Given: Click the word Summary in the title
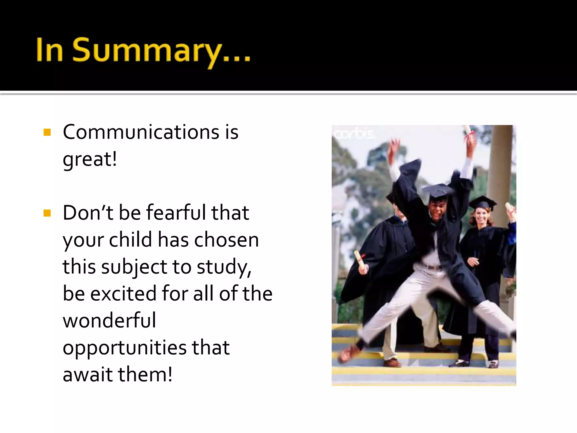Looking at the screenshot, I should [147, 51].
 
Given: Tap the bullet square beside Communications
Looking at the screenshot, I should [47, 132].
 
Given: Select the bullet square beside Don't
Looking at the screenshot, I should [47, 213].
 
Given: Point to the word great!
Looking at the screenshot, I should [90, 160].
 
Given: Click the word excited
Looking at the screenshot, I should [123, 293].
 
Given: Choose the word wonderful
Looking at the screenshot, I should [109, 321].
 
